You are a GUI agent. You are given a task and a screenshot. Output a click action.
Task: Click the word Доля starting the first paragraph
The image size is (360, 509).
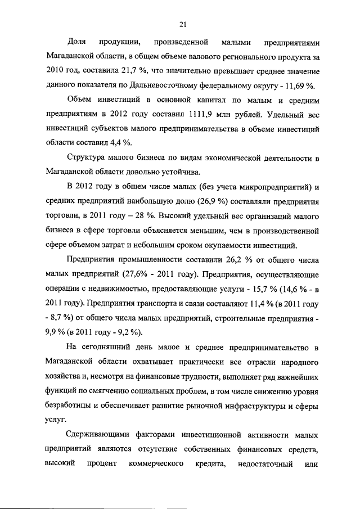coord(76,42)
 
